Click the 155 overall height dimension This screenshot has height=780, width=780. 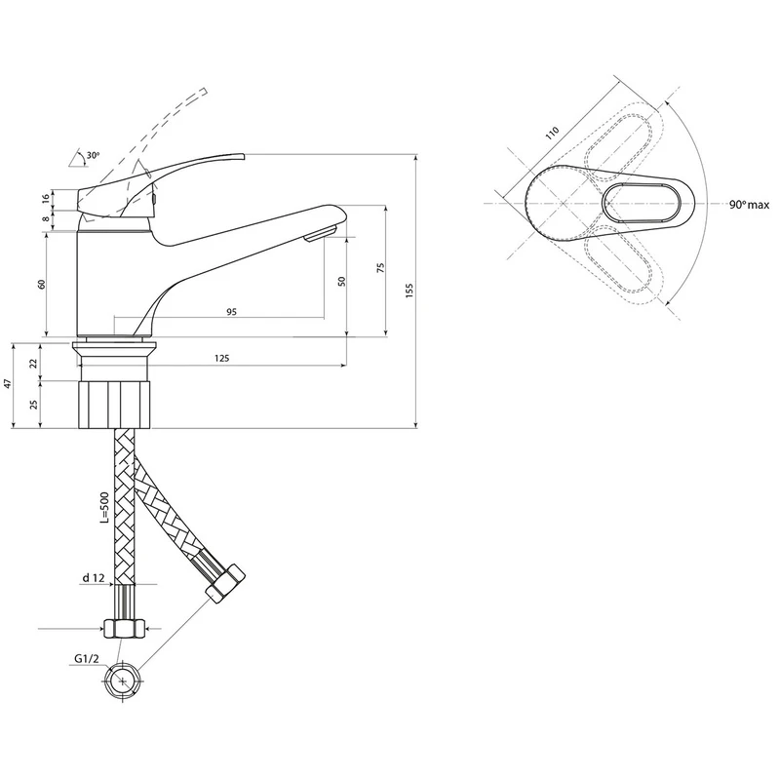409,291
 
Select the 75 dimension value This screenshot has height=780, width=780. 380,268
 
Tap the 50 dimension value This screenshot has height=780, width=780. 341,282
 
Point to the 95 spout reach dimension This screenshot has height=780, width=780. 231,312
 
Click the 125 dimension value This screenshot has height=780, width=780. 222,358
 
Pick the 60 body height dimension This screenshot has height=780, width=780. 42,284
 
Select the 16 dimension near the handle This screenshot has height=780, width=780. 46,199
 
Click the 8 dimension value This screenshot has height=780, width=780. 46,218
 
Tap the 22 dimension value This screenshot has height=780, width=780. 34,363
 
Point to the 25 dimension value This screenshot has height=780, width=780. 34,404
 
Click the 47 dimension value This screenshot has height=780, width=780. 7,383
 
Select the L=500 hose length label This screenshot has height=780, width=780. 104,508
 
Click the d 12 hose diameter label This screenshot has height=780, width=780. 94,577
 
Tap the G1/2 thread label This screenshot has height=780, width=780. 87,659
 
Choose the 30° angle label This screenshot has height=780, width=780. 93,155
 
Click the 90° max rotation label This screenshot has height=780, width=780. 749,205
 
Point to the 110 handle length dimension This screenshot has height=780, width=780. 552,134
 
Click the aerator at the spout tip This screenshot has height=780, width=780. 321,233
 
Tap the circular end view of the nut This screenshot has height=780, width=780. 123,681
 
